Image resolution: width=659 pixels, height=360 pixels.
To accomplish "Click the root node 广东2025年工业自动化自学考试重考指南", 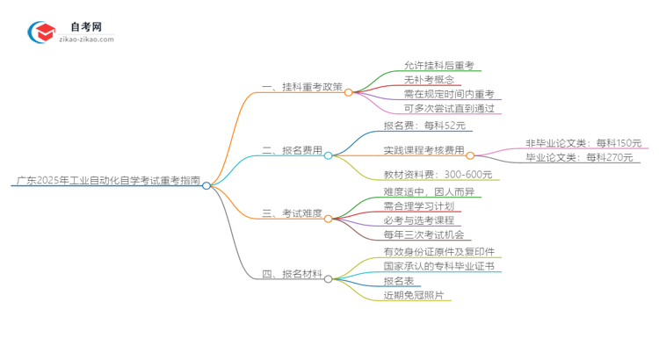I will (x=107, y=184).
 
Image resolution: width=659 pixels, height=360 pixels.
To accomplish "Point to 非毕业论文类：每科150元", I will (x=583, y=143).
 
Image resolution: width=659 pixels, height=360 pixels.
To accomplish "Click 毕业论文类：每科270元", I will (x=583, y=158).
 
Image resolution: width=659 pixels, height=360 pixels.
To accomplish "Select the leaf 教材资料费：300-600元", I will (x=438, y=175).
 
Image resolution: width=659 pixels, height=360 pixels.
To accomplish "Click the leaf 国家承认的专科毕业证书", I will (x=438, y=265).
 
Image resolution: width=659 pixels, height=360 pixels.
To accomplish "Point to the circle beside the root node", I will (x=206, y=186).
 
